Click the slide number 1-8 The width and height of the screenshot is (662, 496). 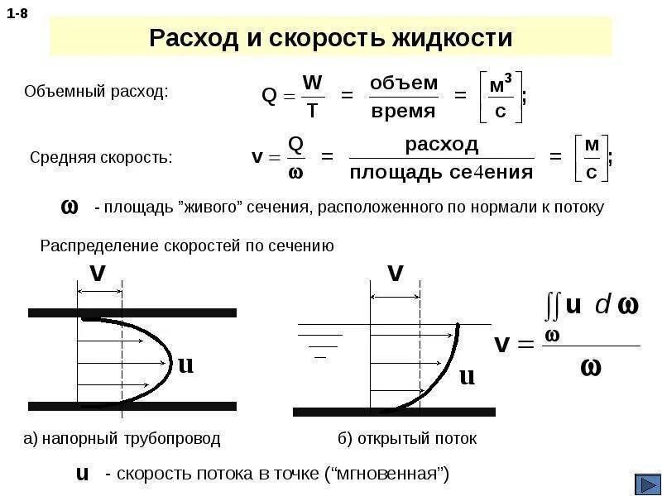coord(17,14)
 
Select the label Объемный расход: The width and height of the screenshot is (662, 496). coord(96,92)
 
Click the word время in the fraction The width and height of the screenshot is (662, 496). coord(403,111)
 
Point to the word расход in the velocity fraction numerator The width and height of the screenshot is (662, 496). coord(441,144)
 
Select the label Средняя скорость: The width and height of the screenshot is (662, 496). coord(101,157)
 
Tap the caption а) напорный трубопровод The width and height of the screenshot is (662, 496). coord(122,439)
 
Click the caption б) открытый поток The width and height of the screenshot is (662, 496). coord(407,439)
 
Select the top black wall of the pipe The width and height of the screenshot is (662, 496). coord(132,312)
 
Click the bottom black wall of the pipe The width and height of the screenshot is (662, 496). coord(132,406)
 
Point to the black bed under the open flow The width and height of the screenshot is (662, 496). coord(394,411)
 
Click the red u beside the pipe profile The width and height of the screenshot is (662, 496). coord(185,364)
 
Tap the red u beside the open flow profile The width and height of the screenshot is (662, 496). coord(467,376)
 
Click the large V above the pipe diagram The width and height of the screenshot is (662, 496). coord(98,274)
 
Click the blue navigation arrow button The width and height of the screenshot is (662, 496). coord(646,483)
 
